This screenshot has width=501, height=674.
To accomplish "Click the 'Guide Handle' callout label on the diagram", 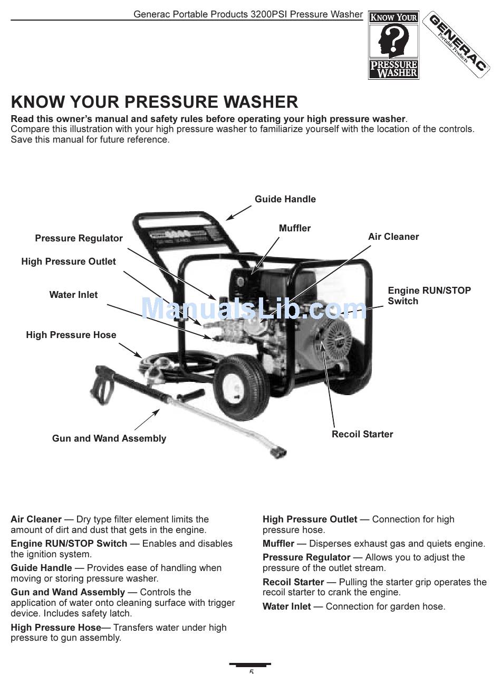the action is pyautogui.click(x=285, y=199).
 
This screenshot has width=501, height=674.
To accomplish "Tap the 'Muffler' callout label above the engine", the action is pyautogui.click(x=294, y=228).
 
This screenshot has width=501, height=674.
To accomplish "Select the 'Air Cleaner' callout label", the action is pyautogui.click(x=393, y=237).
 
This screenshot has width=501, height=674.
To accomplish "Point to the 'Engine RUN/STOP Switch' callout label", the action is pyautogui.click(x=429, y=296).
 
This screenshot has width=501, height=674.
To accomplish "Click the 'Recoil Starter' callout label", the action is pyautogui.click(x=362, y=434).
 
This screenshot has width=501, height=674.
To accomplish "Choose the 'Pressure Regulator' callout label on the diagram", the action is pyautogui.click(x=79, y=238).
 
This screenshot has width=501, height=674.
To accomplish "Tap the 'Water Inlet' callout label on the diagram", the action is pyautogui.click(x=73, y=295).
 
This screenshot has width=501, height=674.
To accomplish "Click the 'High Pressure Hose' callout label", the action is pyautogui.click(x=71, y=335).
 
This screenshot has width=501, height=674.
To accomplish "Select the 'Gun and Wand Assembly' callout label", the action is pyautogui.click(x=109, y=438).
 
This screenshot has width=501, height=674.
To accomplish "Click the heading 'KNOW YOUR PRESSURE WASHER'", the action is pyautogui.click(x=155, y=102).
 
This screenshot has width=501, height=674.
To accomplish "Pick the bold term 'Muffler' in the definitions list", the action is pyautogui.click(x=278, y=544).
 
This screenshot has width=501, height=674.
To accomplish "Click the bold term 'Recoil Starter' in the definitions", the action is pyautogui.click(x=293, y=582).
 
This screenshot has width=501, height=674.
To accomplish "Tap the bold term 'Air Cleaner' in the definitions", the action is pyautogui.click(x=36, y=519).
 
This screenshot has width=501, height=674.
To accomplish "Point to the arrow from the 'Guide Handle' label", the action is pyautogui.click(x=239, y=212).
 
